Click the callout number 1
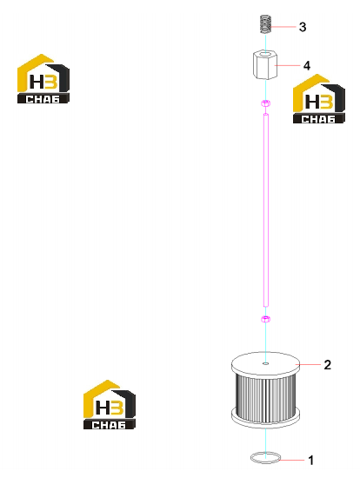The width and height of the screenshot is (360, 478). (311, 461)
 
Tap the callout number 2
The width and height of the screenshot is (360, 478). (327, 365)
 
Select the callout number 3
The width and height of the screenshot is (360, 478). (303, 27)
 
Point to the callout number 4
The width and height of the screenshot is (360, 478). (307, 65)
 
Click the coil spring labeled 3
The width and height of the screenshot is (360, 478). (265, 24)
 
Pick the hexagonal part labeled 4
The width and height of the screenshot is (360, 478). (265, 65)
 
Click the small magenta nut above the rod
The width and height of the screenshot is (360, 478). (265, 103)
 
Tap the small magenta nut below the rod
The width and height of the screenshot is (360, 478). (265, 319)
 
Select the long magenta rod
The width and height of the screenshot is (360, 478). (266, 209)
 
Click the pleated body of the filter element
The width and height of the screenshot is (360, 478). (265, 397)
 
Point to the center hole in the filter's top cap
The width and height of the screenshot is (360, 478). (266, 363)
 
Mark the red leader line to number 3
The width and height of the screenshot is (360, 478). (283, 27)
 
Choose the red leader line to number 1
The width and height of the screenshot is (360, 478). (292, 460)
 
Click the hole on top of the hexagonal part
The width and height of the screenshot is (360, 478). (265, 54)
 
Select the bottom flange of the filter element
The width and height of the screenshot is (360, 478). (265, 417)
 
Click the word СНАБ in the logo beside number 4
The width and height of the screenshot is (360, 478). (318, 119)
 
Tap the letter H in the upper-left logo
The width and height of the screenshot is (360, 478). (37, 82)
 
